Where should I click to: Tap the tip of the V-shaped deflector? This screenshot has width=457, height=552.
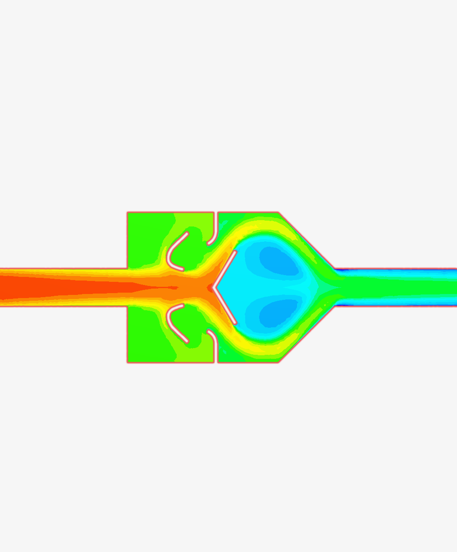click(x=213, y=287)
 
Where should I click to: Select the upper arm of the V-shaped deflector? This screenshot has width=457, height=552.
click(x=225, y=268)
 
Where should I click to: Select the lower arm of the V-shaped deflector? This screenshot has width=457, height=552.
click(x=225, y=306)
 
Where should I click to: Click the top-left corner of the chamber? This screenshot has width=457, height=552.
click(x=128, y=213)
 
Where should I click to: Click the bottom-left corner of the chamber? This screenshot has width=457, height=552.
click(x=128, y=362)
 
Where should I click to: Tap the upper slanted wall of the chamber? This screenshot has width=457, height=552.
click(x=306, y=240)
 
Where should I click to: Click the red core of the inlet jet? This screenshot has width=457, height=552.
click(x=68, y=287)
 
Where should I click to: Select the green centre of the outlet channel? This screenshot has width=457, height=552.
click(x=397, y=287)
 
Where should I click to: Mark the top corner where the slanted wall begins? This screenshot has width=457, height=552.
click(x=279, y=213)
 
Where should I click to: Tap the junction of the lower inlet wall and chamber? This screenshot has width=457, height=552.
click(x=128, y=307)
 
